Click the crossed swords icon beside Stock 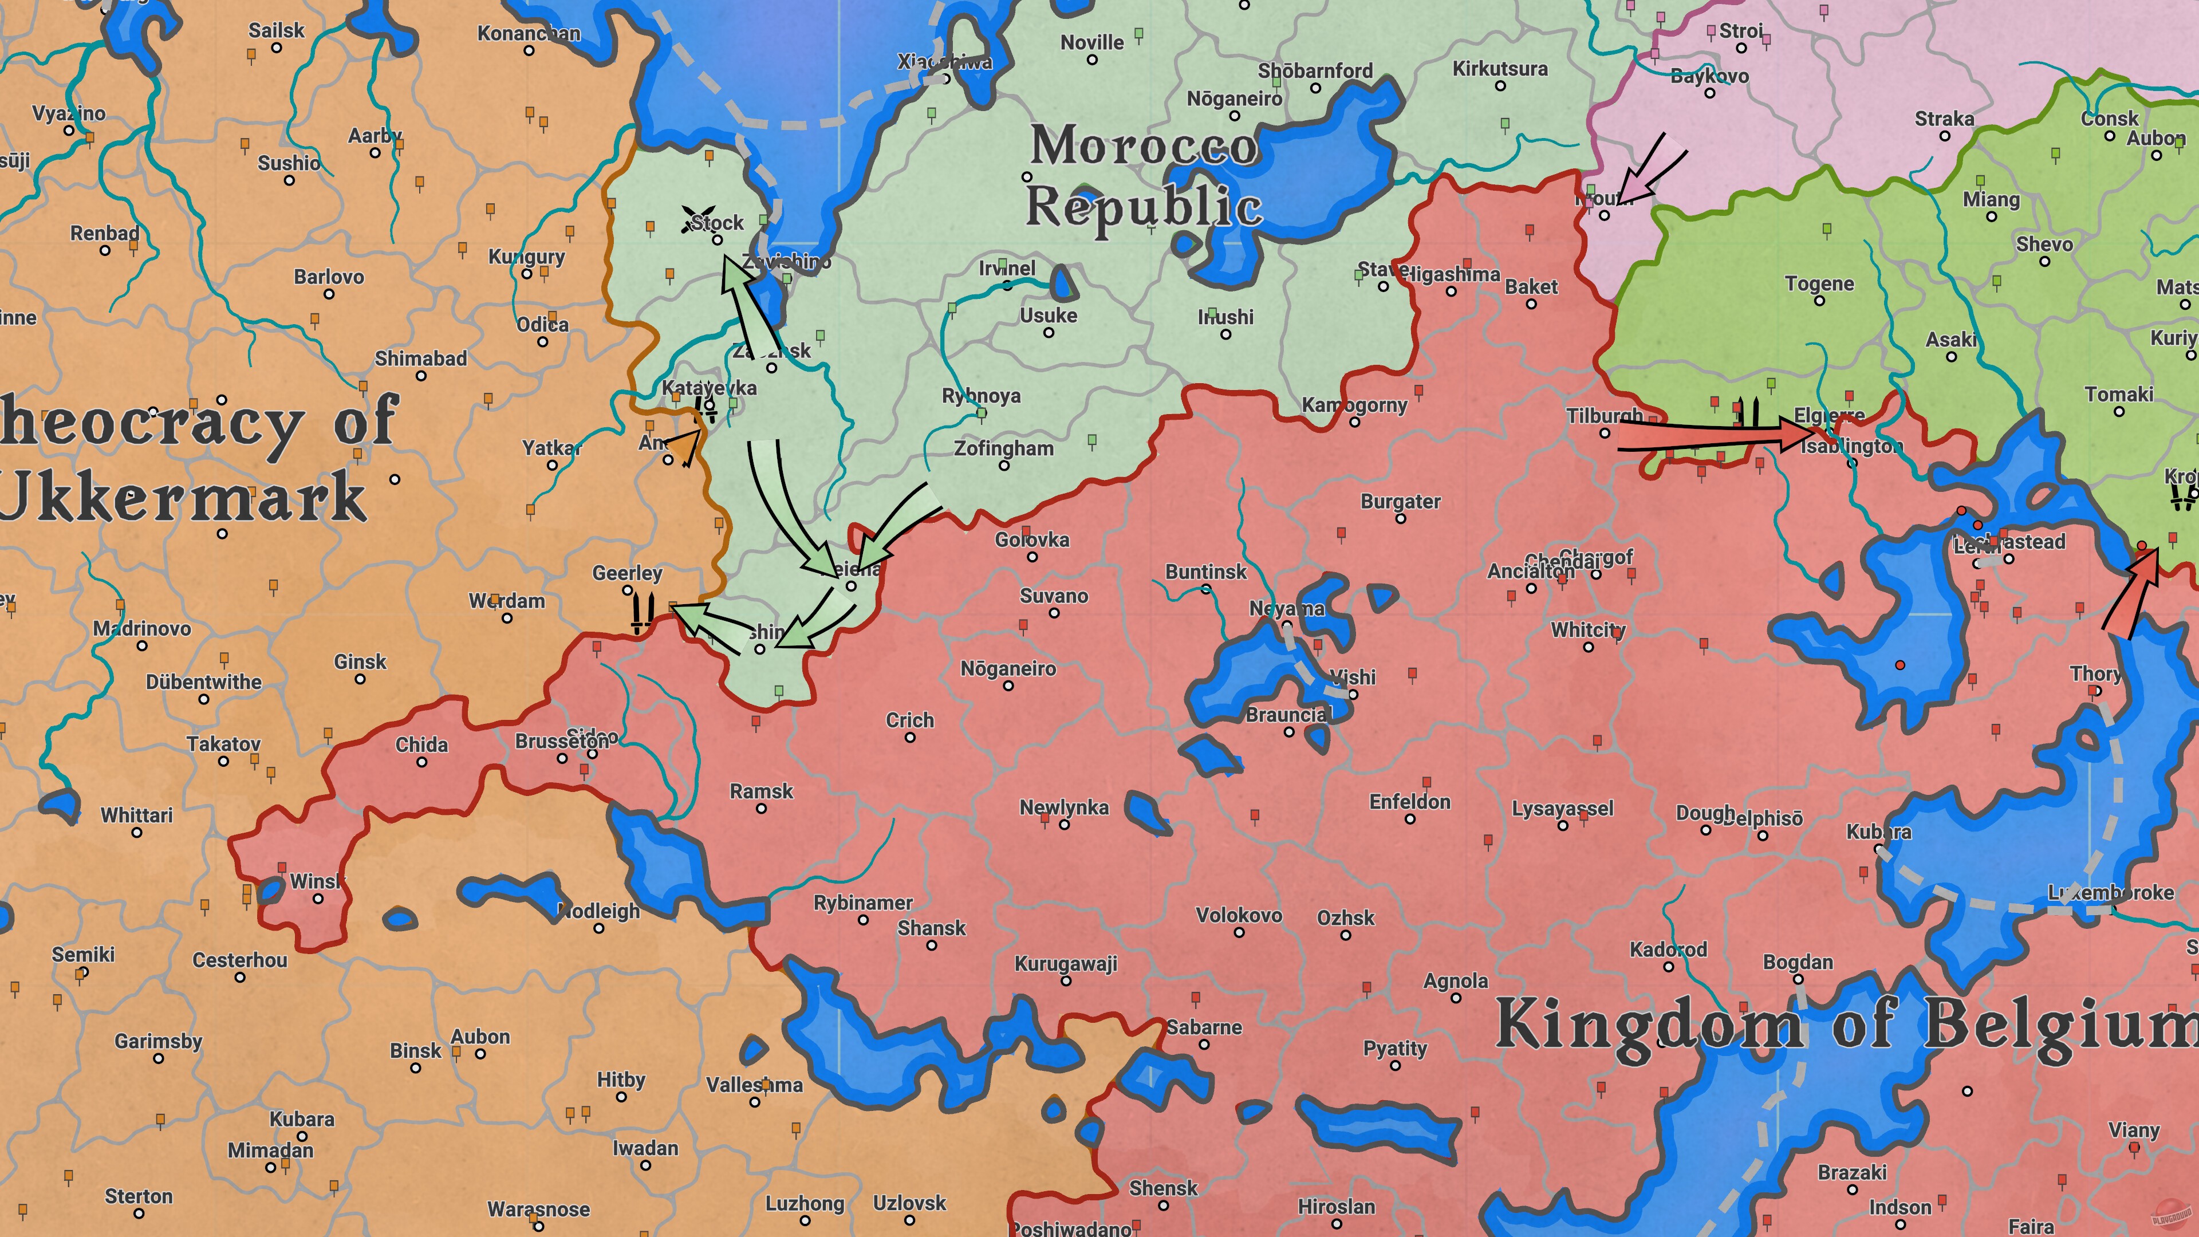tap(696, 219)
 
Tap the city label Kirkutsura tap(1500, 68)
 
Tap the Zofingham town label tap(1003, 448)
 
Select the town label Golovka tap(1031, 539)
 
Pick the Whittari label tap(137, 816)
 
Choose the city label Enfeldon tap(1409, 802)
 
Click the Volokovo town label tap(1239, 915)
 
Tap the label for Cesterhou tap(240, 960)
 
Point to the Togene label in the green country tap(1819, 283)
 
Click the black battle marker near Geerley tap(642, 611)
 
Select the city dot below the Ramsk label tap(760, 809)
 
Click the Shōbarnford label tap(1315, 71)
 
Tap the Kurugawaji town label tap(1065, 964)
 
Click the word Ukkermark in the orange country tap(183, 497)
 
